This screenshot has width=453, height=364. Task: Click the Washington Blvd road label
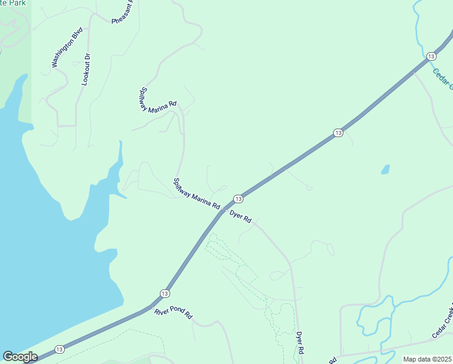(67, 49)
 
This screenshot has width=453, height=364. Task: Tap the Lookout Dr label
(86, 69)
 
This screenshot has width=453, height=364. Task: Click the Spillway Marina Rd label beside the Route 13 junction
(196, 194)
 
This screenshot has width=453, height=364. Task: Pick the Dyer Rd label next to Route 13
(240, 217)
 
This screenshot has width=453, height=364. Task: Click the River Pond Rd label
(173, 314)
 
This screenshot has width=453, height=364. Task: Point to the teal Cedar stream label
(443, 79)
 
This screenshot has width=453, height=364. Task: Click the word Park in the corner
(13, 3)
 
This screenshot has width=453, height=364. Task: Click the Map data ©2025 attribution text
(426, 359)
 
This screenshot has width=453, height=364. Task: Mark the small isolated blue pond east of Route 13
(385, 169)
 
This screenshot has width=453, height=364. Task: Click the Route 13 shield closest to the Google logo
(59, 349)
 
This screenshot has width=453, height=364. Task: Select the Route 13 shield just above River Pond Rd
(165, 294)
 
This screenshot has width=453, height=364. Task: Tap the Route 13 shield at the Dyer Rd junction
(238, 199)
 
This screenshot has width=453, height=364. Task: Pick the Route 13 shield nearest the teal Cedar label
(431, 56)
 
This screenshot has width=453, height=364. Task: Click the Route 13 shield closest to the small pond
(338, 132)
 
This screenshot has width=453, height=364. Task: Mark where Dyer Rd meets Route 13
(225, 209)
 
